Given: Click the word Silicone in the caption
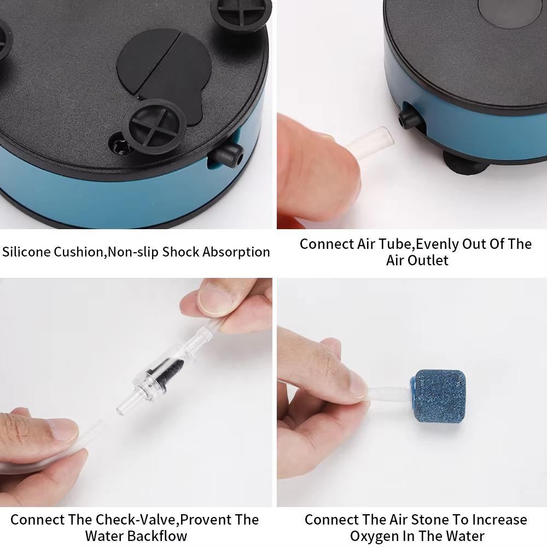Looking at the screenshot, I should pos(26,252).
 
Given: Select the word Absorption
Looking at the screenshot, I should pos(236,252).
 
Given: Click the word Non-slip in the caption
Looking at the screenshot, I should pos(133,252).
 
